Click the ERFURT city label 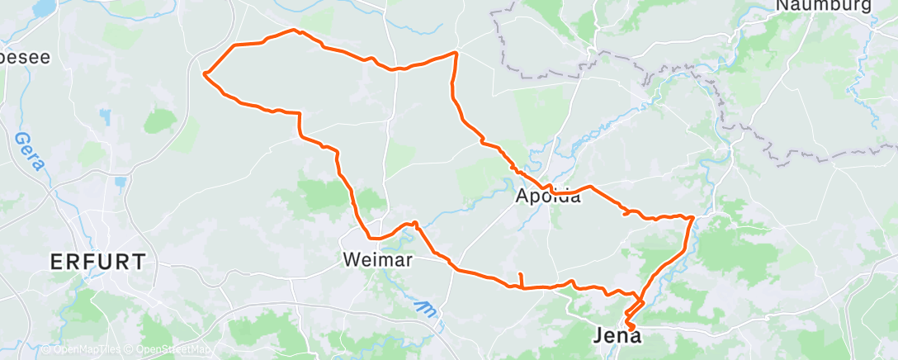tap(98, 263)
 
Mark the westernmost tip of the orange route tap(204, 73)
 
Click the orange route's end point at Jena tap(632, 329)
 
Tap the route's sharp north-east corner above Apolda tap(456, 53)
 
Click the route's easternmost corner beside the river tap(692, 217)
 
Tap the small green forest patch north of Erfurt tap(160, 121)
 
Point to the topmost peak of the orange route tap(295, 31)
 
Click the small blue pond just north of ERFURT tap(120, 182)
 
